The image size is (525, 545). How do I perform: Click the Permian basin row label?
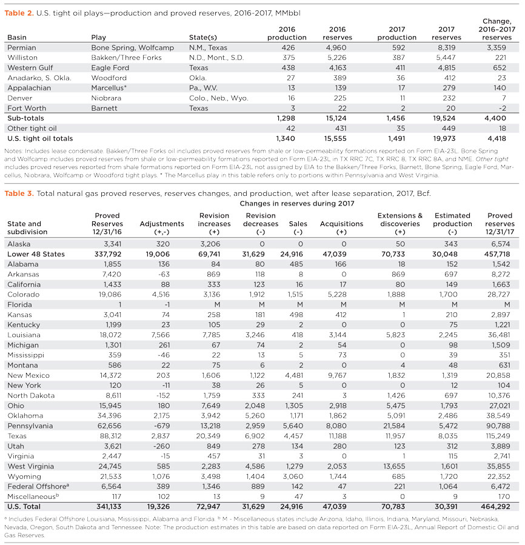click(x=22, y=47)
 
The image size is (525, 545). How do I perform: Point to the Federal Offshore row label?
click(x=36, y=486)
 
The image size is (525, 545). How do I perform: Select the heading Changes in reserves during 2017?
click(x=296, y=204)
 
